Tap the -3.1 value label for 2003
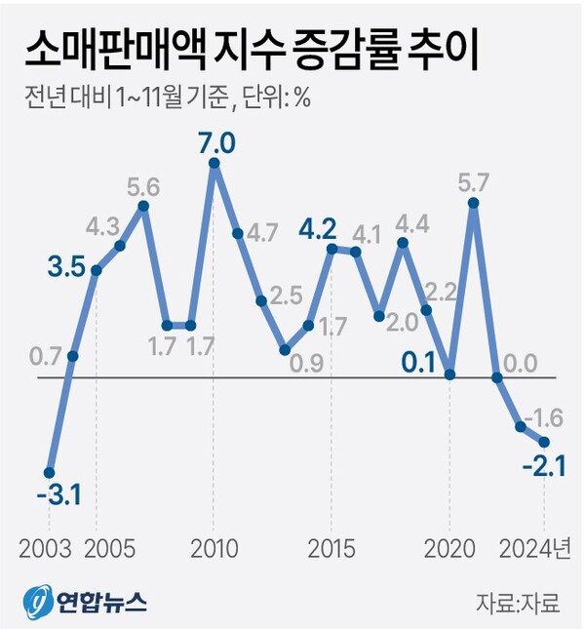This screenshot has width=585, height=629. [58, 497]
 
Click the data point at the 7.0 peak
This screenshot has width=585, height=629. [214, 163]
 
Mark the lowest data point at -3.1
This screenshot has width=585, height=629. [50, 471]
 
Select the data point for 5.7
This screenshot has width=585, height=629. [473, 203]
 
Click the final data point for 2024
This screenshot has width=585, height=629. [544, 442]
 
